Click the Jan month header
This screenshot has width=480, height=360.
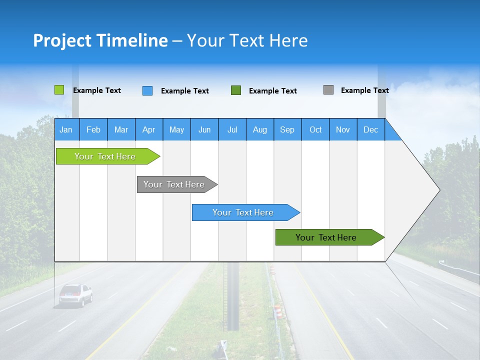pos(66,129)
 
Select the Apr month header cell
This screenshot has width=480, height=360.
pos(148,129)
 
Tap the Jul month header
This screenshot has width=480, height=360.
pos(232,129)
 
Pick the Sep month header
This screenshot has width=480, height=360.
pos(287,129)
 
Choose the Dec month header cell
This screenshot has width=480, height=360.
pos(370,129)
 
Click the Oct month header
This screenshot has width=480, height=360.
pos(315,129)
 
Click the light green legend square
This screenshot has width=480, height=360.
pos(59,90)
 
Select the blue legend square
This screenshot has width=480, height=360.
pos(147,90)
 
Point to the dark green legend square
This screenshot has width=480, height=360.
pos(236,90)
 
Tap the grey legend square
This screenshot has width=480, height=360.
pos(328,90)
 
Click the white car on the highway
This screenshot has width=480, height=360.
pos(75,294)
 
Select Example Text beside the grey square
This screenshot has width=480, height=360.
pos(364,90)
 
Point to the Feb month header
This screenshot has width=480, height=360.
pos(93,129)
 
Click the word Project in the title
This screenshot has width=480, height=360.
pos(61,40)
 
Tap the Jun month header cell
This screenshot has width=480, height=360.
pos(204,129)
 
